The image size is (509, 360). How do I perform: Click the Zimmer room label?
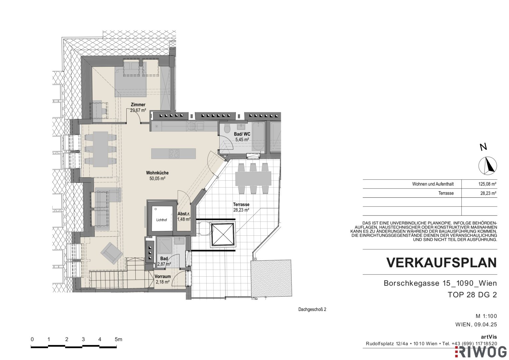138,105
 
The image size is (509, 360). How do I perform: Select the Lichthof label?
162,220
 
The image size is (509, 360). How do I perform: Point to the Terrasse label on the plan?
241,205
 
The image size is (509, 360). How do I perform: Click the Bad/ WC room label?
242,134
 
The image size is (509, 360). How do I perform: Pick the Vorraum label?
163,277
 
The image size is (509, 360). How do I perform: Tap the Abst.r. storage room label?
184,214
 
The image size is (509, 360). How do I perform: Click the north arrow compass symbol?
488,166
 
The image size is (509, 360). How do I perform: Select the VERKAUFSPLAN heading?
442,263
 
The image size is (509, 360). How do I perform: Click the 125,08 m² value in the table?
487,184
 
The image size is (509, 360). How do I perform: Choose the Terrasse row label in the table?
446,193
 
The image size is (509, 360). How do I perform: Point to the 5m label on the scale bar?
118,339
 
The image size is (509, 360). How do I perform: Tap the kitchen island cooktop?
174,153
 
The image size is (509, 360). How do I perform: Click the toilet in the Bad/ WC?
227,129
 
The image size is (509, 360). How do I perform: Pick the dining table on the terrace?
253,178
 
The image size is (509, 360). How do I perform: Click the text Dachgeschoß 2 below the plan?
312,310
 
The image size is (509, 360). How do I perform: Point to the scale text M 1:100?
486,316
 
